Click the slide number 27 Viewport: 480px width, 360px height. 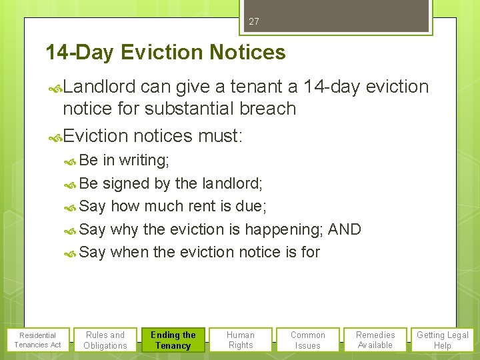(253, 22)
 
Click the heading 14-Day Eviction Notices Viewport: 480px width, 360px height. (165, 53)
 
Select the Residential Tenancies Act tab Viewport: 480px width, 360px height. (37, 340)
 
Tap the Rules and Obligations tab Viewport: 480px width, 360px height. (105, 340)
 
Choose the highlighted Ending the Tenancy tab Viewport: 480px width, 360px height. (173, 340)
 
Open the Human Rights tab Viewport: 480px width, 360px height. (241, 340)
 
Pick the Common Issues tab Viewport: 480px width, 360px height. (308, 340)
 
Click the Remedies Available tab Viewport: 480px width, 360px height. (375, 340)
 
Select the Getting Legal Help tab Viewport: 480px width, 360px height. (443, 340)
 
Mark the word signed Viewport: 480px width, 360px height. (123, 183)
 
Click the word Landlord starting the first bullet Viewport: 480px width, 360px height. (100, 87)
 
